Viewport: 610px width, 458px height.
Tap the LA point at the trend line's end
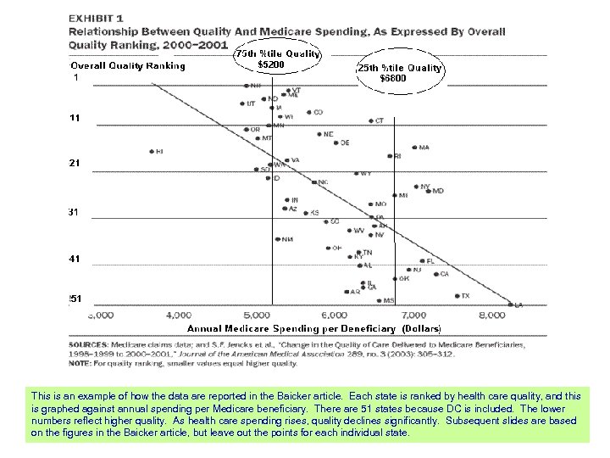click(510, 304)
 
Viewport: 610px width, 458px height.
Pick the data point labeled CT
click(371, 121)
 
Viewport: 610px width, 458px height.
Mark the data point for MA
click(412, 148)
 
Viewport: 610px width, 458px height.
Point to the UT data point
click(241, 104)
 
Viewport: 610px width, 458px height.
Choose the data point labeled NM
click(278, 239)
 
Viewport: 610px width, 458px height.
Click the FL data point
click(422, 261)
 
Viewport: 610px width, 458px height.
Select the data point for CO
click(308, 113)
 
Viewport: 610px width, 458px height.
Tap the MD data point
click(428, 192)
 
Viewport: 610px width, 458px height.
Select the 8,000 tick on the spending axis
click(492, 315)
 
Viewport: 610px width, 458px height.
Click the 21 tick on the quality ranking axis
click(75, 163)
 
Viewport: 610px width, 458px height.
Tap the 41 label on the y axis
click(75, 258)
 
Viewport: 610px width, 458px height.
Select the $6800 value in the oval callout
click(393, 79)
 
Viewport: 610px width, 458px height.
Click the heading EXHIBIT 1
click(98, 17)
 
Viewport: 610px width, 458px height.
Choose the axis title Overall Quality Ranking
click(127, 66)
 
